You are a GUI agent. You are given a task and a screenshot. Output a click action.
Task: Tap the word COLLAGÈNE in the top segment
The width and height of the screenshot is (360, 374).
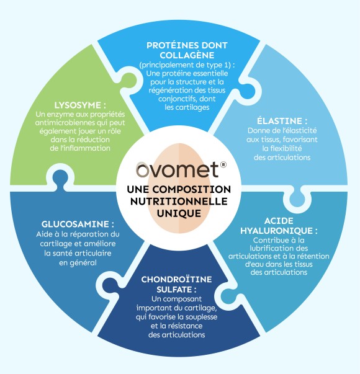tap(187, 55)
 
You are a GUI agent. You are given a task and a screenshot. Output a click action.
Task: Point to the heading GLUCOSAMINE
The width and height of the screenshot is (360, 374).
tap(75, 224)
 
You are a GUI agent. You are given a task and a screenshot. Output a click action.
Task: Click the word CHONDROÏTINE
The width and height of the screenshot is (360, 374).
tap(176, 279)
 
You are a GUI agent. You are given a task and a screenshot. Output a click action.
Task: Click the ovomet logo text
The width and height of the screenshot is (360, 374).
tap(177, 169)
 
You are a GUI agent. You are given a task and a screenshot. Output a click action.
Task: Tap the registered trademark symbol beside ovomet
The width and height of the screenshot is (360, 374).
tap(223, 164)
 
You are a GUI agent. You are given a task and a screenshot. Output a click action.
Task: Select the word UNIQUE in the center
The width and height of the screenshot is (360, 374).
tap(179, 213)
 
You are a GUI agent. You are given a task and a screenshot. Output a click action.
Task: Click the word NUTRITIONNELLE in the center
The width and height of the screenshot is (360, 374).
tap(179, 202)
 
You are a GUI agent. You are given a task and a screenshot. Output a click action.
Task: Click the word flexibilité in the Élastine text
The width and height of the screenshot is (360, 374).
tap(282, 148)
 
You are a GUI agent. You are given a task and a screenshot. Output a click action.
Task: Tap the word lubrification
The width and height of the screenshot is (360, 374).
tap(269, 248)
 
